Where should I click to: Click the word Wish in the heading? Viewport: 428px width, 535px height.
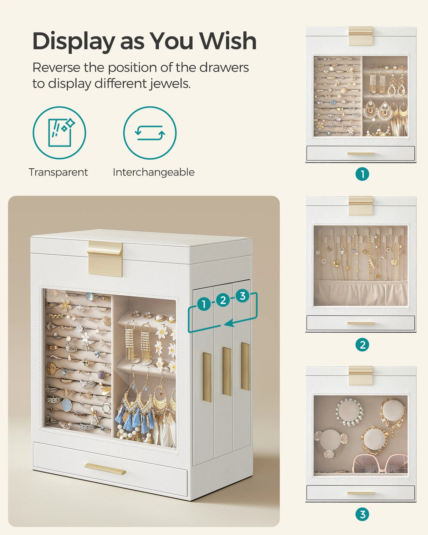[x=228, y=41]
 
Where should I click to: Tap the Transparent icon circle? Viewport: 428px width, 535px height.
[x=59, y=133]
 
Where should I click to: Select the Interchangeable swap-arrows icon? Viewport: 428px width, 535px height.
[x=150, y=133]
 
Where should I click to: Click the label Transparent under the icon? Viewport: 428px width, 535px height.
[x=58, y=172]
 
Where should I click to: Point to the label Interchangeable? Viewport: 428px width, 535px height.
[x=153, y=172]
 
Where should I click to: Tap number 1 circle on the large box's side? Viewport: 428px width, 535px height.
[x=204, y=304]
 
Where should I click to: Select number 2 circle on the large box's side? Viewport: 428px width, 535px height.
[x=223, y=300]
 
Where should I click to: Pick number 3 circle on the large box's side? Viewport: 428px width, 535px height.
[x=243, y=296]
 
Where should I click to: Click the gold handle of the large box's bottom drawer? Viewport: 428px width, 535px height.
[x=105, y=469]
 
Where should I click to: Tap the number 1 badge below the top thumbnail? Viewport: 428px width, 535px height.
[x=362, y=174]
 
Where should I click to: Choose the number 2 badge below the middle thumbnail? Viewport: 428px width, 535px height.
[x=362, y=345]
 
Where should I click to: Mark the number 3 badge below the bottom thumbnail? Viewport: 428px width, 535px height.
[x=362, y=514]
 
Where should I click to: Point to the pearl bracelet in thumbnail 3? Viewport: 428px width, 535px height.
[x=349, y=412]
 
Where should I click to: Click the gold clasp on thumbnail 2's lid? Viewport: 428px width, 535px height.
[x=361, y=205]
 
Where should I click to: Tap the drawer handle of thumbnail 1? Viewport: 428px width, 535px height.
[x=361, y=154]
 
